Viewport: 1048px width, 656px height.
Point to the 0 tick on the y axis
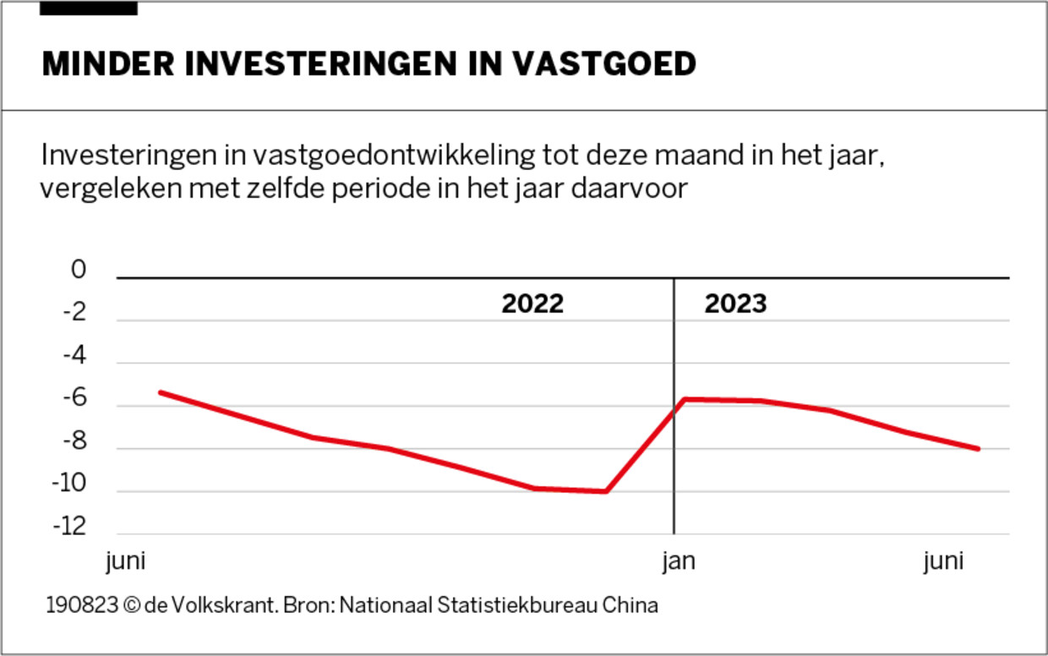79,271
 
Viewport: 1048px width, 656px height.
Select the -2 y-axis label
75,314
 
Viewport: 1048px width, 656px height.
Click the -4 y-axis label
75,356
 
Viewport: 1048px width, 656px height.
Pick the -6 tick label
75,399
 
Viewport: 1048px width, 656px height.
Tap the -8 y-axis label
75,441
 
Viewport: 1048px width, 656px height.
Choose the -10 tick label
71,484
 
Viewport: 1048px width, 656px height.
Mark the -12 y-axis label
71,527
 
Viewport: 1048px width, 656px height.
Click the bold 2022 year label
532,304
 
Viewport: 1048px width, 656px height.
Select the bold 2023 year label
735,304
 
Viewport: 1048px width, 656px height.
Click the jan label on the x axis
679,562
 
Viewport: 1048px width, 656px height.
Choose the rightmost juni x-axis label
944,562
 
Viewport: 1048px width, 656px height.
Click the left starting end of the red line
160,392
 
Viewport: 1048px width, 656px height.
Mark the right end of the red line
979,449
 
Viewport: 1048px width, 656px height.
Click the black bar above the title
89,8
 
